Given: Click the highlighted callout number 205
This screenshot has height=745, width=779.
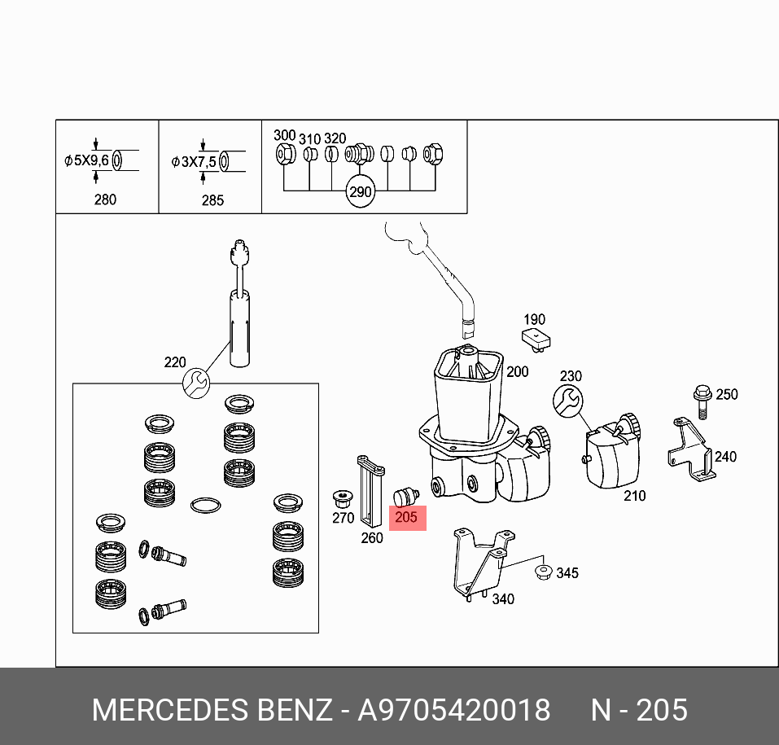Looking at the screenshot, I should [406, 517].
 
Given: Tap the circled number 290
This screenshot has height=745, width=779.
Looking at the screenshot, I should [360, 192].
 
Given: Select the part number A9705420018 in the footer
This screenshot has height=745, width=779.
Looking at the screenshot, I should [454, 710].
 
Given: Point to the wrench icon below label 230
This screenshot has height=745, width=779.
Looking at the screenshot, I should [567, 400].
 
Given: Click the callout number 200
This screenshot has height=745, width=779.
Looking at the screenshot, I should [517, 371].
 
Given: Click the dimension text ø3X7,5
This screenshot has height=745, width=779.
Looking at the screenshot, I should [194, 161].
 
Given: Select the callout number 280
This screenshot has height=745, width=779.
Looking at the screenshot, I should [105, 199].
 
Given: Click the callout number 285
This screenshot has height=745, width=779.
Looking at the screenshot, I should [212, 199].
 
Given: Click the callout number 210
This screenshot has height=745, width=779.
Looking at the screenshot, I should [634, 495].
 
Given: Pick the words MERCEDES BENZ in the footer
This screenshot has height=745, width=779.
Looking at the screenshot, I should [212, 710].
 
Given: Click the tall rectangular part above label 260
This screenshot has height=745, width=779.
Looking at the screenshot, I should [370, 493].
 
